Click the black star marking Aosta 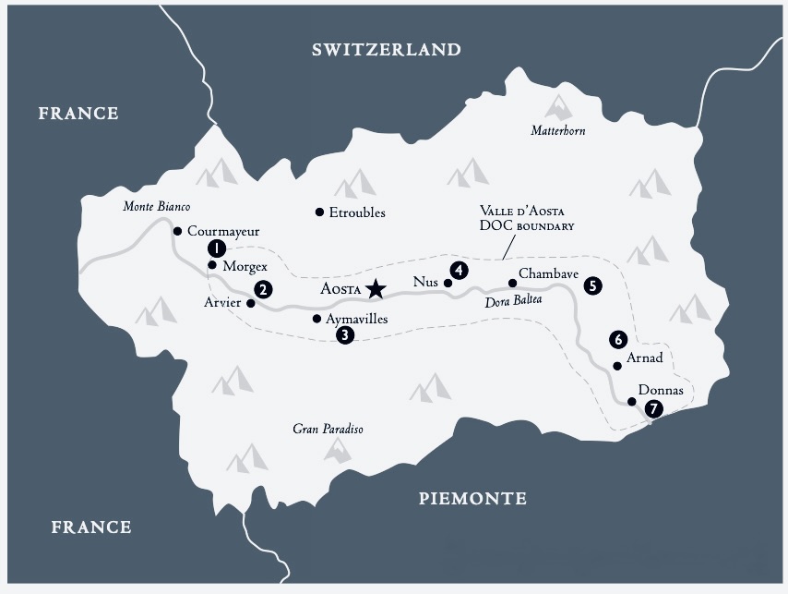pyautogui.click(x=375, y=289)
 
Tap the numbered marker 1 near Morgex pyautogui.click(x=215, y=248)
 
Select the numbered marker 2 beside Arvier pyautogui.click(x=263, y=289)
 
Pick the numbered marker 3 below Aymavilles pyautogui.click(x=344, y=335)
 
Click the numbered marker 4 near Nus pyautogui.click(x=456, y=271)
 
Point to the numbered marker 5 pyautogui.click(x=591, y=286)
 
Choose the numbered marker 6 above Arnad pyautogui.click(x=619, y=339)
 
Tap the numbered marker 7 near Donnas pyautogui.click(x=653, y=407)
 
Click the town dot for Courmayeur pyautogui.click(x=177, y=231)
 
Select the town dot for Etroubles pyautogui.click(x=319, y=212)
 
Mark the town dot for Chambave pyautogui.click(x=511, y=283)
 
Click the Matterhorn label pyautogui.click(x=557, y=131)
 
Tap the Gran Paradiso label pyautogui.click(x=328, y=429)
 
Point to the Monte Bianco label pyautogui.click(x=156, y=206)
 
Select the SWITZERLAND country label pyautogui.click(x=387, y=50)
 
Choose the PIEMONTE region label pyautogui.click(x=472, y=499)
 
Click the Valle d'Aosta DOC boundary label pyautogui.click(x=527, y=218)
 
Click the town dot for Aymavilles pyautogui.click(x=317, y=319)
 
